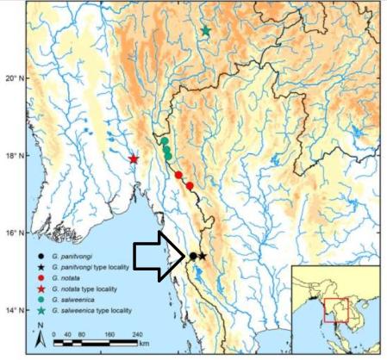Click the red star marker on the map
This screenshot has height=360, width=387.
(134, 158)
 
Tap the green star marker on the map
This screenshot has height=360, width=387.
(206, 31)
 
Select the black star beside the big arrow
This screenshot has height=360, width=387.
(202, 256)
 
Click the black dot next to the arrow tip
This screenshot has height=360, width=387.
(192, 256)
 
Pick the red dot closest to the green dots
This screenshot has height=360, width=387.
(178, 175)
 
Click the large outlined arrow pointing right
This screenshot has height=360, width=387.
(160, 256)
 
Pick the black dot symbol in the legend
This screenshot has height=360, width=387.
(42, 254)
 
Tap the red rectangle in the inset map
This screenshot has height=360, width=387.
(335, 307)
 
